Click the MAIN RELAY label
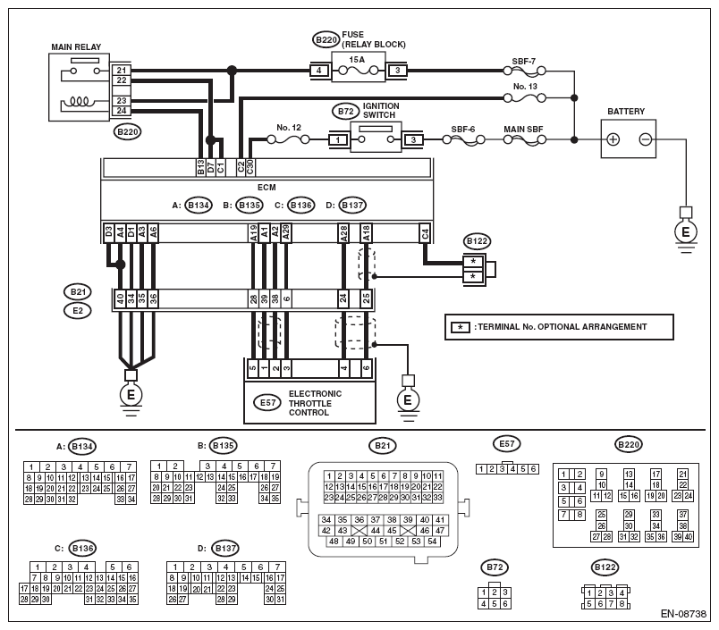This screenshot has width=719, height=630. [76, 46]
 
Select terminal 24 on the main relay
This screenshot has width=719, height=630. [122, 111]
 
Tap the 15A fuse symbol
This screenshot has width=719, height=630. [358, 71]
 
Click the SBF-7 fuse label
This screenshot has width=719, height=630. [524, 61]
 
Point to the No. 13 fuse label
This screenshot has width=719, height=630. [525, 86]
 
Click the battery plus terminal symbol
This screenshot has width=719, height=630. [613, 139]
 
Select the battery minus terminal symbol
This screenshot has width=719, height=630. [645, 139]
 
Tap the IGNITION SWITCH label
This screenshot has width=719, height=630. [381, 111]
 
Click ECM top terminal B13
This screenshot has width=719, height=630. [200, 167]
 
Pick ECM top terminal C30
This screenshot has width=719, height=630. [250, 167]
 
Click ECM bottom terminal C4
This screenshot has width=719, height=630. [425, 233]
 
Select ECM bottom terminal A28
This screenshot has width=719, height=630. [343, 233]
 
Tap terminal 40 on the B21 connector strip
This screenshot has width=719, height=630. [120, 299]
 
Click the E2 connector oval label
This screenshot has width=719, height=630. [78, 311]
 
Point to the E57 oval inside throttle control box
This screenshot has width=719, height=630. [267, 403]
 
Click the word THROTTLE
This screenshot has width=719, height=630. [310, 403]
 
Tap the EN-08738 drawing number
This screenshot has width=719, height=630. [683, 614]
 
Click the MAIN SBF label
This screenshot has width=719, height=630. [523, 130]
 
